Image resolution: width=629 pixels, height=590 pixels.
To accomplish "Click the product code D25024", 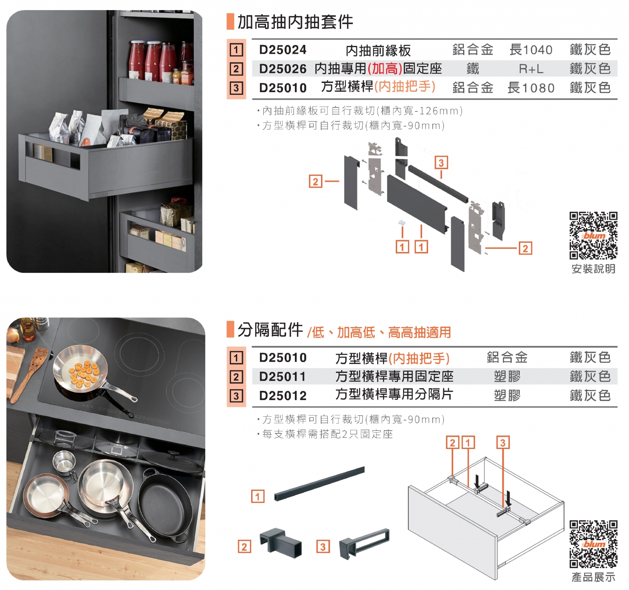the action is click(283, 50).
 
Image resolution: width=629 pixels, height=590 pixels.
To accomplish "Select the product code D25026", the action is click(283, 69).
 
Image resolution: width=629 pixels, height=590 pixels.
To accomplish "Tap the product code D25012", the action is click(283, 396).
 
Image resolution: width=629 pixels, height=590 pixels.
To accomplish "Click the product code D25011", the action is click(283, 376).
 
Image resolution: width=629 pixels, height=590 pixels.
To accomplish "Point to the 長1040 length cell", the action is click(531, 50).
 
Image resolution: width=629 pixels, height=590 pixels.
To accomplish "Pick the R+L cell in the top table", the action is click(531, 69).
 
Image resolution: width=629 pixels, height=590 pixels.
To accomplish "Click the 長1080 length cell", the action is click(531, 88).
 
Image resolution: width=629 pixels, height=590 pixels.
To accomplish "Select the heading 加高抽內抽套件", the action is click(295, 22).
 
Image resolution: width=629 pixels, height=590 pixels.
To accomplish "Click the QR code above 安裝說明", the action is click(593, 236).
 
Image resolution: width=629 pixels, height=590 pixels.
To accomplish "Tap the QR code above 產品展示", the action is click(593, 544).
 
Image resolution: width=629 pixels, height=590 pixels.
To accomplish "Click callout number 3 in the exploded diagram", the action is click(441, 162).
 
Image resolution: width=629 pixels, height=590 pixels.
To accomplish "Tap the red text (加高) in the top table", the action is click(385, 69).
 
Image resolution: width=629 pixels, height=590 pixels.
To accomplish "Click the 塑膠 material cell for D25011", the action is click(507, 376).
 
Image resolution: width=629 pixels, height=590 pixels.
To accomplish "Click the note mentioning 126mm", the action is click(360, 110).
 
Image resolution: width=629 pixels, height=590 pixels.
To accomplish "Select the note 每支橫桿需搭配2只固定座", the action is click(325, 434).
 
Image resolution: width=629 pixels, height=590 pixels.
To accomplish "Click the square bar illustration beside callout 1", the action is click(319, 484).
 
